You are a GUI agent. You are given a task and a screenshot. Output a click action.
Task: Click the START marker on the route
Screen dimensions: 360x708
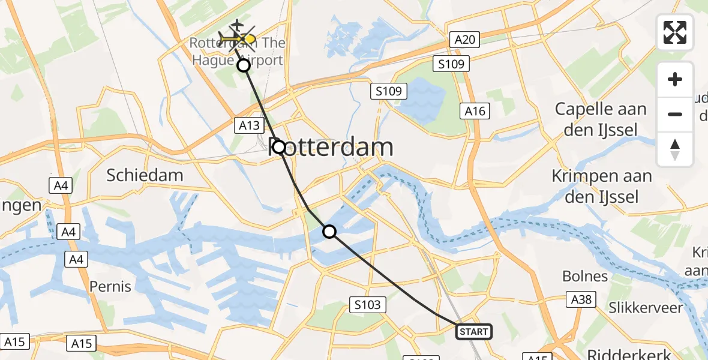(474, 331)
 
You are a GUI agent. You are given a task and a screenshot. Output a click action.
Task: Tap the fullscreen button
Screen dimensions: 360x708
(675, 32)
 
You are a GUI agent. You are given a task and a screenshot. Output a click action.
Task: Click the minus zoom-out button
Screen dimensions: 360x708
(675, 114)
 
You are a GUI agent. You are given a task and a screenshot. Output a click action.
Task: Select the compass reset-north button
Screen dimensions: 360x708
(675, 149)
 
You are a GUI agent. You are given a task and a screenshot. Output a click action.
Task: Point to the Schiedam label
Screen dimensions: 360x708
(145, 175)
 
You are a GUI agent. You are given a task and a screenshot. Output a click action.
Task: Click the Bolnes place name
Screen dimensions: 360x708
(585, 276)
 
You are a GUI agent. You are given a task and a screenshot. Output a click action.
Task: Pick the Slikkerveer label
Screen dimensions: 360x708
(646, 308)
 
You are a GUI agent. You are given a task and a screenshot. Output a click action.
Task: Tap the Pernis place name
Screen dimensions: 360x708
(110, 286)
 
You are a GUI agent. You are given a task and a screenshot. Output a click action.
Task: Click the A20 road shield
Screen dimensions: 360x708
(466, 40)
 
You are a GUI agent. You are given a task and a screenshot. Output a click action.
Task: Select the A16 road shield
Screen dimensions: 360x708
(475, 111)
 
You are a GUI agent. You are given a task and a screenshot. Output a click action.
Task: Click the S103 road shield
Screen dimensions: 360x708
(367, 305)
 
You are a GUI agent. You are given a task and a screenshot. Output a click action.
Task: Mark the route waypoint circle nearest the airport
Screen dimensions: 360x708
(244, 65)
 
